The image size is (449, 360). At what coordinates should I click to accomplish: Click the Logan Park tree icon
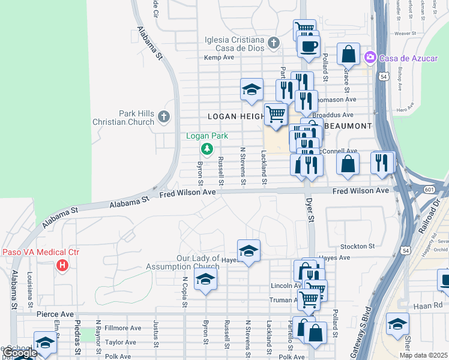click(x=207, y=148)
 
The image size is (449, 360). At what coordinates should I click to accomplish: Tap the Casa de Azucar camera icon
click(x=370, y=57)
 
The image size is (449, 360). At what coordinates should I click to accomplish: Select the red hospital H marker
click(x=61, y=265)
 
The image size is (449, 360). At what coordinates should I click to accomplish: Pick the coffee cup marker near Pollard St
click(x=309, y=46)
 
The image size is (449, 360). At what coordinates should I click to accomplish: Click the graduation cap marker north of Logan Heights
click(x=252, y=90)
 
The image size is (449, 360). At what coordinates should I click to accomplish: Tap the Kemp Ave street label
click(x=218, y=58)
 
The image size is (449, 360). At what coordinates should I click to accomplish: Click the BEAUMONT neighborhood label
click(x=348, y=126)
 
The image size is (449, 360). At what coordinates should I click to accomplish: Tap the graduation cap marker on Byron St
click(x=205, y=279)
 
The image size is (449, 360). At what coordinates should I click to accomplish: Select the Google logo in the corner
click(x=20, y=353)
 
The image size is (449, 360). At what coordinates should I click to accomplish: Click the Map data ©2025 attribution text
click(x=423, y=355)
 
